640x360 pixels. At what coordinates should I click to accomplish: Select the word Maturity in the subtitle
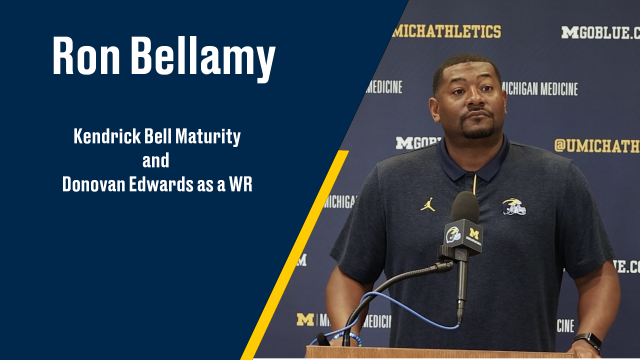click(208, 133)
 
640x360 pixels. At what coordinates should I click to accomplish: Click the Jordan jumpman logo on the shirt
click(428, 204)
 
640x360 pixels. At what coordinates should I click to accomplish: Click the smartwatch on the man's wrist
click(590, 340)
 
